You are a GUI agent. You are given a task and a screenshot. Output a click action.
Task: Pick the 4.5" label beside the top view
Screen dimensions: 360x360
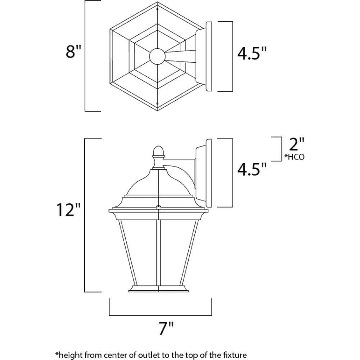[252, 55]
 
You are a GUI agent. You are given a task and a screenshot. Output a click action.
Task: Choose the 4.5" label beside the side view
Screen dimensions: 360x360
[252, 170]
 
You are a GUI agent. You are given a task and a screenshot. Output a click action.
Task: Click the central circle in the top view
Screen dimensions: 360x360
[157, 57]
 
